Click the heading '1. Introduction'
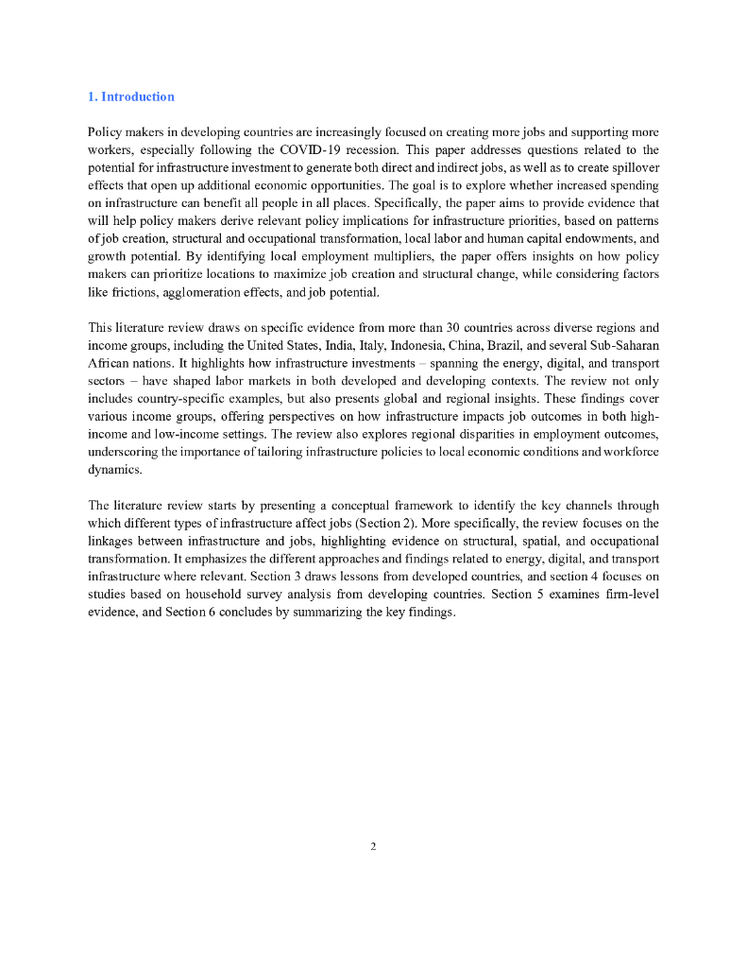pyautogui.click(x=130, y=96)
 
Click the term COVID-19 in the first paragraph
pyautogui.click(x=314, y=149)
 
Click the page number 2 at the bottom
pyautogui.click(x=373, y=846)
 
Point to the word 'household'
pyautogui.click(x=187, y=594)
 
